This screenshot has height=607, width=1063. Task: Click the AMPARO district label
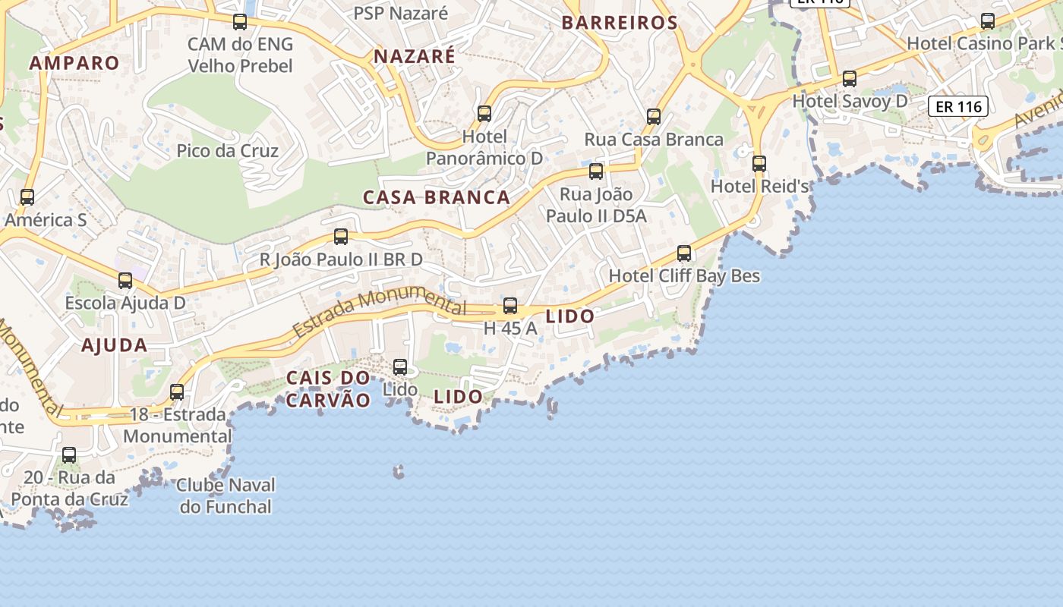coord(74,63)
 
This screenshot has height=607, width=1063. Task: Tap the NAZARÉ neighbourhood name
coord(415,56)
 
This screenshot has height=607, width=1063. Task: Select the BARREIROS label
coord(620,23)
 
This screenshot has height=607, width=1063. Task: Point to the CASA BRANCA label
coord(437,197)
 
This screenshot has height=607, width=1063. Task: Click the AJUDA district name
coord(115,345)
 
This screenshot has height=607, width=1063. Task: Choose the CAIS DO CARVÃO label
coord(328,388)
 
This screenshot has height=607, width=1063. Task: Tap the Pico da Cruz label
coord(227,150)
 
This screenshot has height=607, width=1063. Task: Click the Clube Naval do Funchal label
coord(226,495)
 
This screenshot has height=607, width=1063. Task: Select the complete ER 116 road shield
coord(959,106)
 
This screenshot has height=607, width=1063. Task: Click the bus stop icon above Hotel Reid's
coord(759,163)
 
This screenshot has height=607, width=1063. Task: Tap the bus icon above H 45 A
coord(510,306)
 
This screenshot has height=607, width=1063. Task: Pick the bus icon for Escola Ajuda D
coord(125,281)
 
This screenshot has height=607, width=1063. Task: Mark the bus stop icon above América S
coord(27,197)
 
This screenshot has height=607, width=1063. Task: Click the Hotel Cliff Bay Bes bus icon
coord(684,253)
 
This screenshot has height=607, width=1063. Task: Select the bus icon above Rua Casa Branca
coord(654,116)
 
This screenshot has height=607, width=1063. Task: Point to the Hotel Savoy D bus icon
coord(850,78)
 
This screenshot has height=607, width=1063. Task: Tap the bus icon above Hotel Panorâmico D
coord(484,114)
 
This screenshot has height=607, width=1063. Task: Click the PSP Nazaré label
coord(401,13)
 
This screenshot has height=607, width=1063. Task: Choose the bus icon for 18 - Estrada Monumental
coord(177,392)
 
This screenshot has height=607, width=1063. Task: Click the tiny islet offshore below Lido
coord(398,472)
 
